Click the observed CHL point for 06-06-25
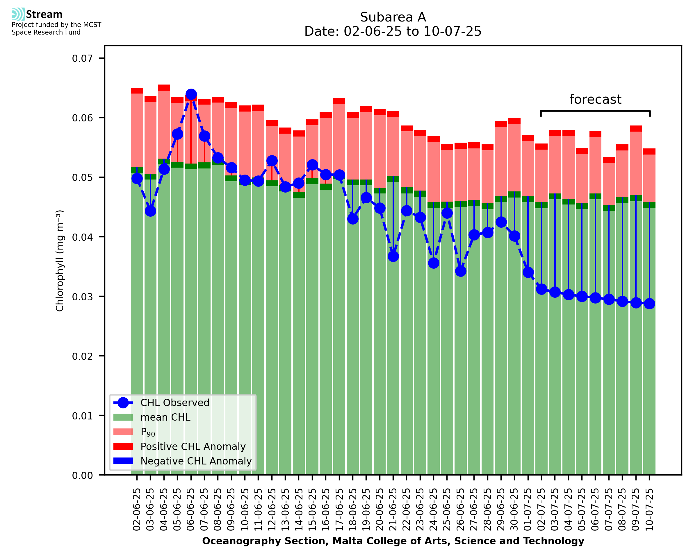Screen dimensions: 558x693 (191, 94)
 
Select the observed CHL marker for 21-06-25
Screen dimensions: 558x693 (393, 256)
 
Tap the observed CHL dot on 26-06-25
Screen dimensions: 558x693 (460, 271)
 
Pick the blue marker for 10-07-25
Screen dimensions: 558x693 (649, 304)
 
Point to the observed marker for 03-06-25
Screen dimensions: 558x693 (151, 211)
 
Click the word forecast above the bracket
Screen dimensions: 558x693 (595, 99)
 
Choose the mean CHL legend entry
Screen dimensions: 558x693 (165, 417)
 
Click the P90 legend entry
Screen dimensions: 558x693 (148, 432)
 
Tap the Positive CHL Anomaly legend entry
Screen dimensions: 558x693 (193, 446)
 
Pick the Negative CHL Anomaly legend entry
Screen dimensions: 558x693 (196, 461)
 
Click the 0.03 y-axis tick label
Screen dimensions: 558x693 (82, 297)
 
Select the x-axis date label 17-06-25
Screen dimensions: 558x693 (339, 510)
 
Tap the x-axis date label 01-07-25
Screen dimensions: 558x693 (528, 510)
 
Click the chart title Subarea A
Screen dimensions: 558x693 (393, 17)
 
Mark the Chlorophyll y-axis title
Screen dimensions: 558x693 (60, 261)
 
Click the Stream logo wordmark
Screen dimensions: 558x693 (44, 15)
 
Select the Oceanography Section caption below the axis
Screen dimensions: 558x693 (393, 541)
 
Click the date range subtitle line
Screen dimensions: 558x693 (393, 31)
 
